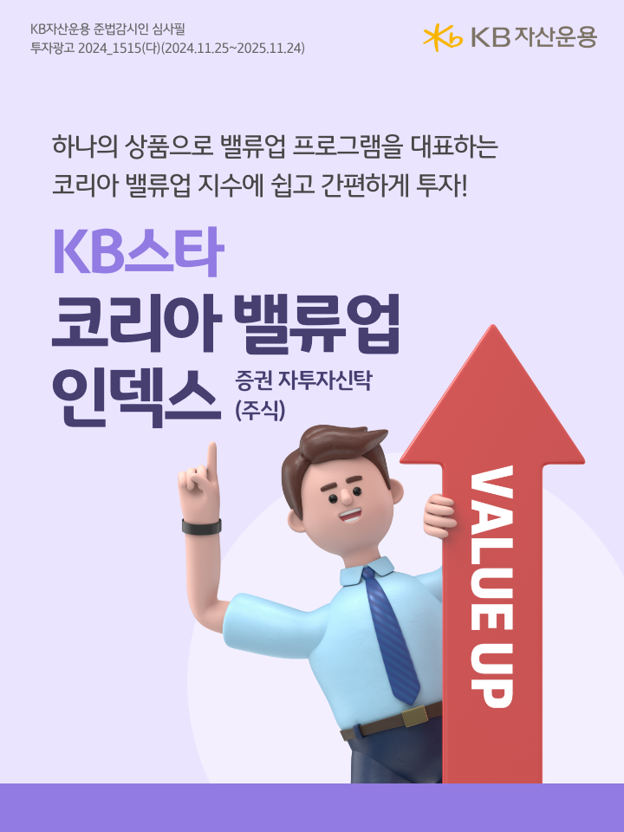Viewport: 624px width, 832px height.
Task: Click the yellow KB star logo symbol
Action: [x=443, y=37]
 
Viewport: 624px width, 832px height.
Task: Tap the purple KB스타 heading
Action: [x=138, y=251]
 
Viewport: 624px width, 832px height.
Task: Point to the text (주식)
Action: [x=260, y=410]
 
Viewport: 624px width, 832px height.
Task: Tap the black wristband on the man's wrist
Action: [x=202, y=527]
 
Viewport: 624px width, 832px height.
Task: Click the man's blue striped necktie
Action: [x=392, y=634]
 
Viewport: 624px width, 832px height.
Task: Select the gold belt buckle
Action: [x=413, y=716]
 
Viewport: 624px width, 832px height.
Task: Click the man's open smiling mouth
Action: [x=350, y=515]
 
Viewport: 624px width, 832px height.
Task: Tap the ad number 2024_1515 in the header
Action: [x=109, y=48]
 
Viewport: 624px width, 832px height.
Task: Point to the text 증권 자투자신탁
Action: [x=303, y=380]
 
